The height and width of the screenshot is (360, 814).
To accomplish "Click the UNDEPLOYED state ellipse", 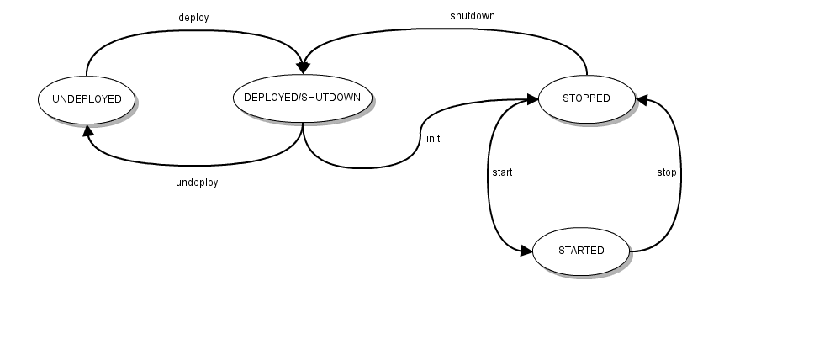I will tap(87, 99).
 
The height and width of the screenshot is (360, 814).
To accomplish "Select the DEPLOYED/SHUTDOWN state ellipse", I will tap(302, 98).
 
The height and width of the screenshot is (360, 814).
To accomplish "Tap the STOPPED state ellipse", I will tap(586, 98).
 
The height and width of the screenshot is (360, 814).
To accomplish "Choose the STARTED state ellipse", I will tap(581, 251).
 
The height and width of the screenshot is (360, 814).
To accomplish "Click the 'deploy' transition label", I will tap(193, 18).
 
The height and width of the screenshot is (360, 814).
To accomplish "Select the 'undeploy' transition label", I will tap(197, 183).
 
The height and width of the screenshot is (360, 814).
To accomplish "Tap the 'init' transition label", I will tap(433, 139).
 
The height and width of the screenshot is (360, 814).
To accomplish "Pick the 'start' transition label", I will tap(502, 172).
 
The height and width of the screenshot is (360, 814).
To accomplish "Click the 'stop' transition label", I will tap(666, 172).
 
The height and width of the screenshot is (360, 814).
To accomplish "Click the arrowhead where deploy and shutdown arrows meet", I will tap(302, 68).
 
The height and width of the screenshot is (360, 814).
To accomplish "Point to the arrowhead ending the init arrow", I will tap(532, 99).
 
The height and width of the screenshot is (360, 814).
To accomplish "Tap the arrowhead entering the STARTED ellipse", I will tap(526, 251).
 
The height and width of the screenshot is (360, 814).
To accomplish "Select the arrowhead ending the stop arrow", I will tap(642, 99).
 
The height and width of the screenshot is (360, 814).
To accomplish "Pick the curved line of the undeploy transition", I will tap(193, 165).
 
